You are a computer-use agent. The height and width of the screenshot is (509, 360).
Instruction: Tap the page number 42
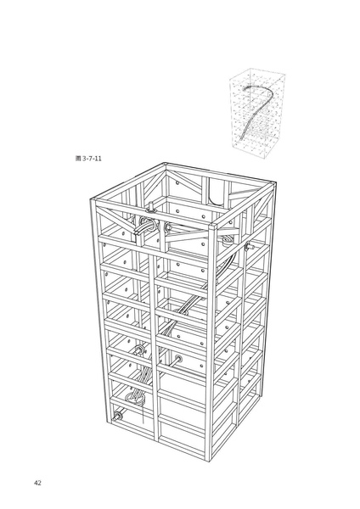[x=38, y=483]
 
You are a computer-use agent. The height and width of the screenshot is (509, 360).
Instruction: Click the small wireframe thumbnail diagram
[x=254, y=112]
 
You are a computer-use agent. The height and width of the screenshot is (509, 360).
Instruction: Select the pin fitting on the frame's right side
[x=249, y=245]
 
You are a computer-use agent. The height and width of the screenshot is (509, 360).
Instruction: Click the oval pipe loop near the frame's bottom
[x=133, y=394]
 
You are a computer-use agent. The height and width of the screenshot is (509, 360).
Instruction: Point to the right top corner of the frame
[x=279, y=182]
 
